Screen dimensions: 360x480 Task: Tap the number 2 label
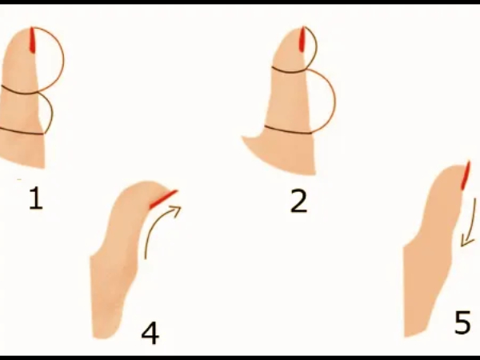coord(298,201)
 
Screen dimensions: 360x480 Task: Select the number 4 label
coord(150,332)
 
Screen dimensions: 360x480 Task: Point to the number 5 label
coord(462,323)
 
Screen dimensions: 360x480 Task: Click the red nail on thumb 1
coord(32,41)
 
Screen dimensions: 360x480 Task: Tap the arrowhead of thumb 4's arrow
coord(177,210)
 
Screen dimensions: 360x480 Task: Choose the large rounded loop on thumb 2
coord(329,100)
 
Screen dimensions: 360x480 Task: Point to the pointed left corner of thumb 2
coord(244,139)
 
